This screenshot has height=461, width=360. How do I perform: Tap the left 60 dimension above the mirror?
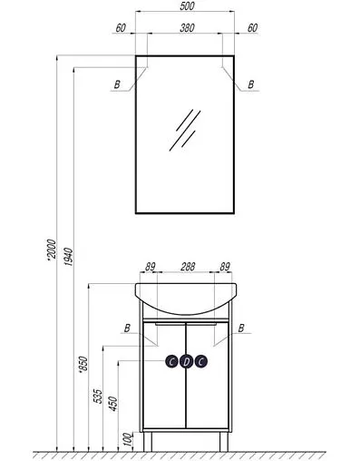(121, 27)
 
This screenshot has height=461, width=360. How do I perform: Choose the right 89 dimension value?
(223, 268)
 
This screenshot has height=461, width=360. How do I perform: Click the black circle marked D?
(186, 361)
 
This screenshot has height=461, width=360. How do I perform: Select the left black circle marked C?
(172, 361)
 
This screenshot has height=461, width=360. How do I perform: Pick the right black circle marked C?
(200, 361)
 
